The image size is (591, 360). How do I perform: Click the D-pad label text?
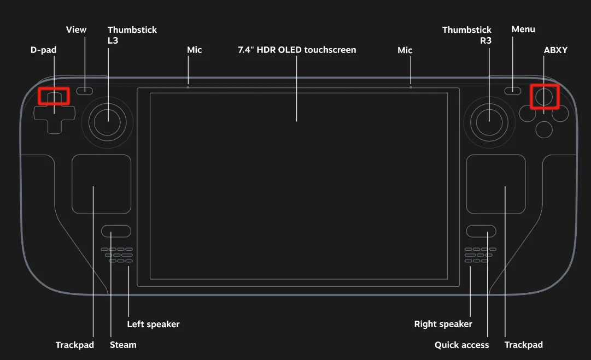point(43,50)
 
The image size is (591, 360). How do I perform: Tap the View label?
point(76,29)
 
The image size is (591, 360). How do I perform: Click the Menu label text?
point(523,29)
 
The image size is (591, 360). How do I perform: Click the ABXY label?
point(555,50)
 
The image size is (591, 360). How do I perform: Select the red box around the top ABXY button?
point(545,97)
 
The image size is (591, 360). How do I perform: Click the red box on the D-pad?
point(54,96)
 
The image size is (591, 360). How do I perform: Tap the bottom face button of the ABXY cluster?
point(543,129)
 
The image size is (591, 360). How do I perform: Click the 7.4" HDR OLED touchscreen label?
point(297,50)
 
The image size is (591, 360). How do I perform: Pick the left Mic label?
point(194,50)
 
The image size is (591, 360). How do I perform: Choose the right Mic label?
point(405,50)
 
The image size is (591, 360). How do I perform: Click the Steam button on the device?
point(116,231)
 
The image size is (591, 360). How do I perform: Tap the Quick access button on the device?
point(481,231)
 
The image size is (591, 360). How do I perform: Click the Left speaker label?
point(153,324)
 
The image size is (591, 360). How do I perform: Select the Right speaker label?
point(443,324)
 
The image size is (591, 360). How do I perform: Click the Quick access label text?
point(461,345)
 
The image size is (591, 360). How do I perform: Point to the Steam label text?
point(123,345)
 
